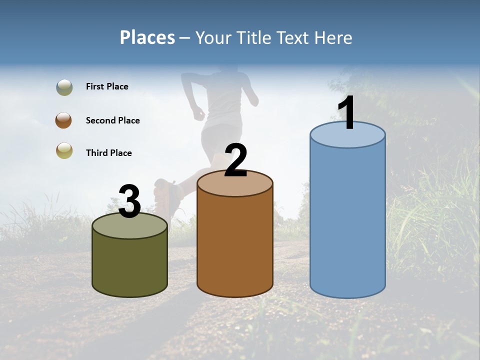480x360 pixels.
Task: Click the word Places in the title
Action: pyautogui.click(x=147, y=37)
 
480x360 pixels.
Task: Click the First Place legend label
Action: pyautogui.click(x=107, y=86)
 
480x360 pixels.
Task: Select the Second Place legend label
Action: pyautogui.click(x=112, y=120)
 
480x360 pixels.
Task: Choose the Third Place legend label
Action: pyautogui.click(x=108, y=153)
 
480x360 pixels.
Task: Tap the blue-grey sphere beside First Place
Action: pyautogui.click(x=64, y=87)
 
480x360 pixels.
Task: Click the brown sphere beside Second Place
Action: pyautogui.click(x=64, y=120)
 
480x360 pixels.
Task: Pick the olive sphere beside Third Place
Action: pyautogui.click(x=64, y=150)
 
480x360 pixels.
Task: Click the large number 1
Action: pyautogui.click(x=347, y=113)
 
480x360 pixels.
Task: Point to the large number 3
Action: pyautogui.click(x=129, y=201)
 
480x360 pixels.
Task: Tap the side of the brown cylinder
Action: pyautogui.click(x=235, y=245)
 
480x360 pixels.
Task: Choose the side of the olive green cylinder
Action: pyautogui.click(x=129, y=265)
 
